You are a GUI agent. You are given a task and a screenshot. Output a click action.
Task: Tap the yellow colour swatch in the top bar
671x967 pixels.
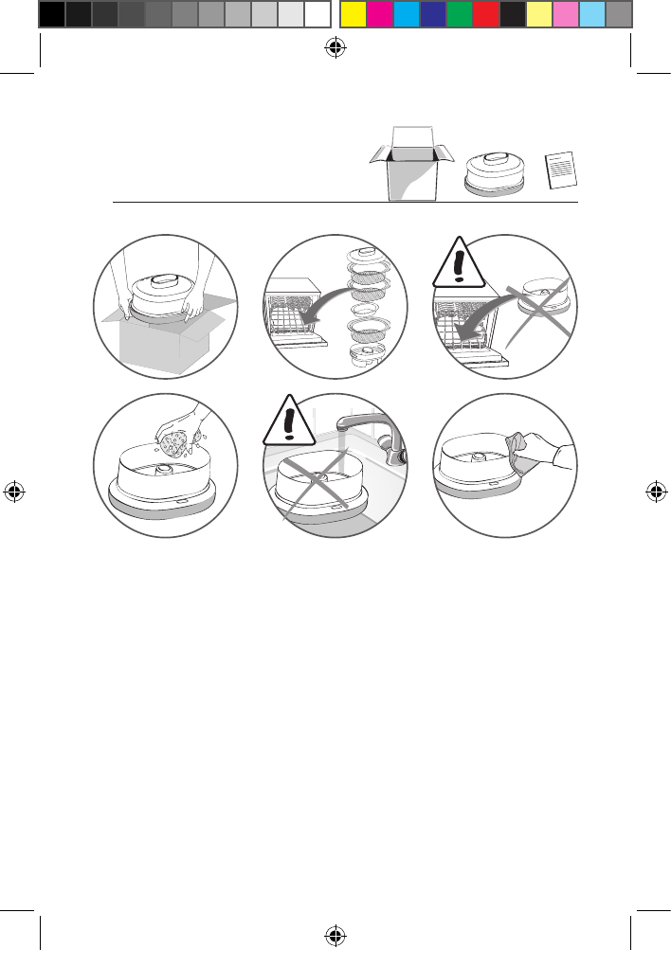pyautogui.click(x=353, y=14)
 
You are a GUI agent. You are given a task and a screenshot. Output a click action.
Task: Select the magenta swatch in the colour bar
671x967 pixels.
pyautogui.click(x=379, y=14)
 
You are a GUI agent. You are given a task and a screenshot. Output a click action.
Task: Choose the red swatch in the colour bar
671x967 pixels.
pyautogui.click(x=485, y=14)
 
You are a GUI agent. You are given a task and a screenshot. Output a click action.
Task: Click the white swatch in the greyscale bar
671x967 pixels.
pyautogui.click(x=317, y=14)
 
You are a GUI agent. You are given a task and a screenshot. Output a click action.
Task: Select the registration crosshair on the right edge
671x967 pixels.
pyautogui.click(x=655, y=492)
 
